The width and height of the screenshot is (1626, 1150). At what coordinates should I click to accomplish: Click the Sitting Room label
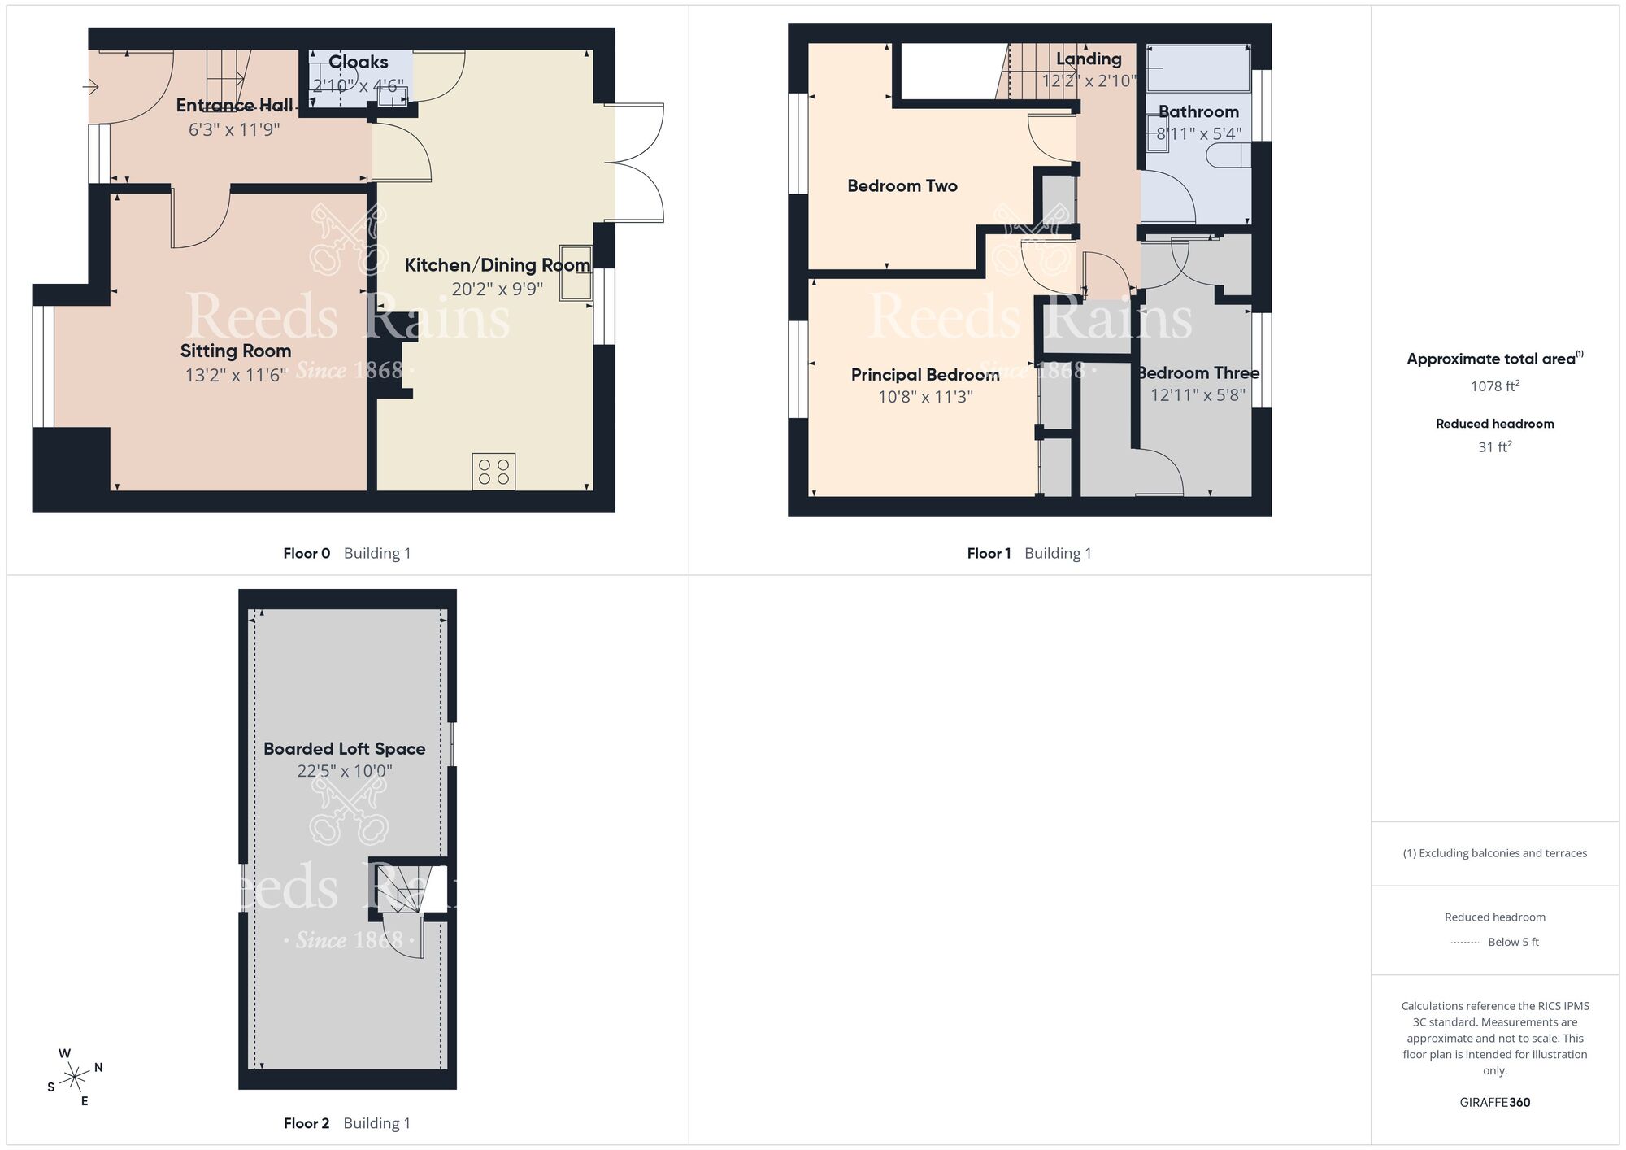236,351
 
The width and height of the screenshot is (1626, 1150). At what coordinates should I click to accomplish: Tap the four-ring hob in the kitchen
493,472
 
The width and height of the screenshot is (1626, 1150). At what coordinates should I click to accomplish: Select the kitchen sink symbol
576,273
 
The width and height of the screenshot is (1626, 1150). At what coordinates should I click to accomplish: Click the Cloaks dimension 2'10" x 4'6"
358,85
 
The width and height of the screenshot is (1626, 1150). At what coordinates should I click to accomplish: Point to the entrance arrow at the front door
90,86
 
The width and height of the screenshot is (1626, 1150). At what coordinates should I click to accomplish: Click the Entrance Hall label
234,106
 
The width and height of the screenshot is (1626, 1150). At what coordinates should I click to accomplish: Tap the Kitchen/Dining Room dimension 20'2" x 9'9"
497,289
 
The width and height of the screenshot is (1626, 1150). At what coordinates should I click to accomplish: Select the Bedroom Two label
902,186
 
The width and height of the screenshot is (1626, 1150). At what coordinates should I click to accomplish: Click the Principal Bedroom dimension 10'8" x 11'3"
925,397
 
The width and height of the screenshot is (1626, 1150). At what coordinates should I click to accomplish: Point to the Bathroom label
1198,112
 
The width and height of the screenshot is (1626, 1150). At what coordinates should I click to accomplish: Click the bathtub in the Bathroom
1198,68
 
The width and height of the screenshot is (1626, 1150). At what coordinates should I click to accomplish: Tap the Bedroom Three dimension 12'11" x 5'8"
1198,395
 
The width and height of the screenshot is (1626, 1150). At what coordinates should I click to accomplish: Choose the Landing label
1089,59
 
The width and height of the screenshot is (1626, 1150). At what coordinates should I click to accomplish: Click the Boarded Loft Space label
344,749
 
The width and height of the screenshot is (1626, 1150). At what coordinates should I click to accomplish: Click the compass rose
76,1078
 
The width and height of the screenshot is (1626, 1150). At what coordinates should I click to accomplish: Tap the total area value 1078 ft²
1494,386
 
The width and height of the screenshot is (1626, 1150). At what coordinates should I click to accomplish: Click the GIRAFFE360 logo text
1494,1103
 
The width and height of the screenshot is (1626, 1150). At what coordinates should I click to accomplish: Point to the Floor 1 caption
989,554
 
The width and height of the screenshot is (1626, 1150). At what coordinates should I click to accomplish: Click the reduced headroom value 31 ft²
1494,447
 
